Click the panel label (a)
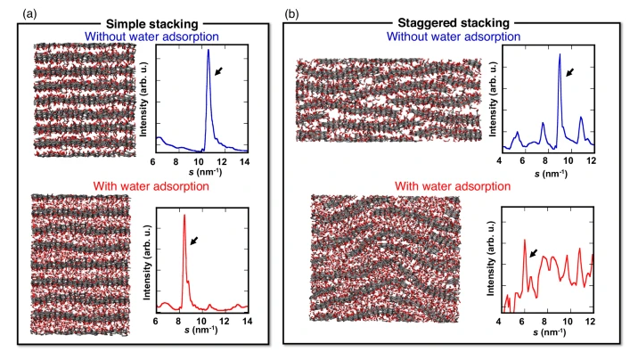pyautogui.click(x=29, y=14)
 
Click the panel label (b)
pyautogui.click(x=291, y=14)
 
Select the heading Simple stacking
pyautogui.click(x=151, y=24)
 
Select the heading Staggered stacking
pyautogui.click(x=454, y=23)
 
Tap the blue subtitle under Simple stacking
pyautogui.click(x=151, y=37)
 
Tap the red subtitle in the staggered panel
pyautogui.click(x=453, y=186)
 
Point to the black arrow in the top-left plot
pyautogui.click(x=218, y=71)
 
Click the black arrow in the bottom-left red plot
pyautogui.click(x=194, y=241)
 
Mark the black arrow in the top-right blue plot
pyautogui.click(x=570, y=72)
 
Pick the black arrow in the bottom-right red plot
pyautogui.click(x=534, y=253)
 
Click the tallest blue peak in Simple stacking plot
pyautogui.click(x=209, y=50)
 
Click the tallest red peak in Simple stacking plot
pyautogui.click(x=184, y=216)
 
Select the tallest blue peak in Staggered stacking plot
pyautogui.click(x=560, y=54)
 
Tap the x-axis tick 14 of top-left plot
pyautogui.click(x=244, y=161)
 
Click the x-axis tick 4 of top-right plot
pyautogui.click(x=499, y=160)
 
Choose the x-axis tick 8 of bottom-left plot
pyautogui.click(x=178, y=321)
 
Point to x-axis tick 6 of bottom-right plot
pyautogui.click(x=522, y=322)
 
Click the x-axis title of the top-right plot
pyautogui.click(x=551, y=174)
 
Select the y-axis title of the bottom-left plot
pyautogui.click(x=147, y=262)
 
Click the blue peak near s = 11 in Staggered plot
pyautogui.click(x=581, y=118)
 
